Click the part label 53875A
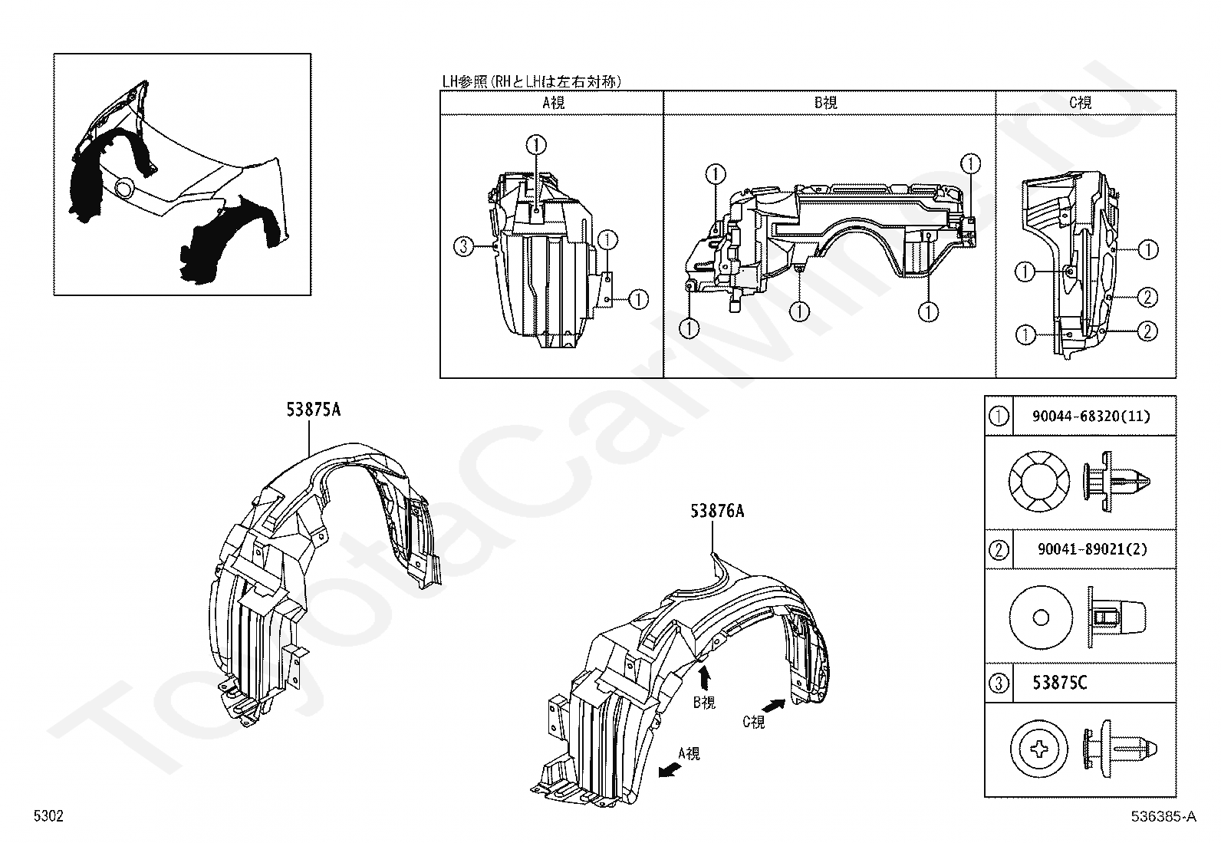pyautogui.click(x=313, y=410)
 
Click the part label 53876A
pyautogui.click(x=716, y=511)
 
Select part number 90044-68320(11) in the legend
pyautogui.click(x=1091, y=417)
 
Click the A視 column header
pyautogui.click(x=553, y=103)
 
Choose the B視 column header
pyautogui.click(x=825, y=103)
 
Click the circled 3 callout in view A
pyautogui.click(x=462, y=246)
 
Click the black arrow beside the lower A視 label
pyautogui.click(x=670, y=769)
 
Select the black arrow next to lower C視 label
pyautogui.click(x=775, y=704)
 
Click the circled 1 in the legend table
pyautogui.click(x=999, y=417)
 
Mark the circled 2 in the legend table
pyautogui.click(x=999, y=549)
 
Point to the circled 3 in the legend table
pyautogui.click(x=999, y=683)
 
